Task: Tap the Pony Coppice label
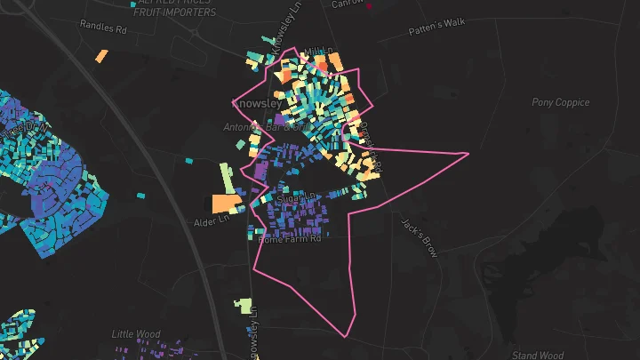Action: click(x=560, y=102)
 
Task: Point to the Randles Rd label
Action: click(x=104, y=28)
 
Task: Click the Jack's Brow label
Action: click(x=420, y=237)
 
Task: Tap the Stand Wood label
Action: click(x=538, y=355)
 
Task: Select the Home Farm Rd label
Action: click(x=289, y=240)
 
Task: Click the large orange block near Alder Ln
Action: click(x=224, y=203)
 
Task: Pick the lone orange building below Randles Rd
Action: click(x=101, y=56)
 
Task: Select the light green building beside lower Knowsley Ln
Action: click(x=244, y=307)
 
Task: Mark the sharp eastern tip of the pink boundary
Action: click(x=468, y=154)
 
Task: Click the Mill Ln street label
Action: click(x=317, y=52)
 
